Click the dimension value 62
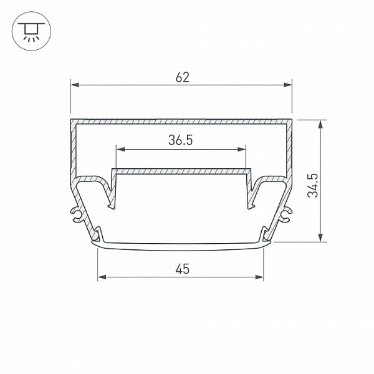coord(183,77)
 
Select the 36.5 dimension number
coord(180,140)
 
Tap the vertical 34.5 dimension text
coord(313,185)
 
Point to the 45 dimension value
coord(183,269)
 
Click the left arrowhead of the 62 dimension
coord(75,85)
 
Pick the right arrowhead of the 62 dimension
coord(287,85)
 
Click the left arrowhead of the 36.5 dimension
coord(121,150)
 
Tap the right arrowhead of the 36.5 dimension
coord(242,150)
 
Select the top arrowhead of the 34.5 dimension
coord(320,125)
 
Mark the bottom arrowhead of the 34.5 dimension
coord(320,237)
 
